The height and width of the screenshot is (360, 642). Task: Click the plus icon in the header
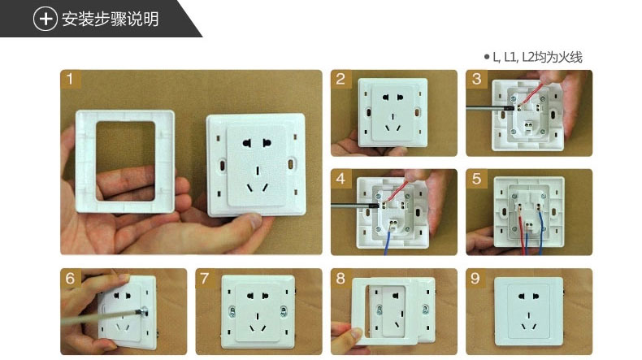point(45,19)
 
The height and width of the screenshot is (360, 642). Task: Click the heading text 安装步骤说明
point(111,19)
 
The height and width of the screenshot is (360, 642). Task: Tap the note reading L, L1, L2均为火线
point(532,57)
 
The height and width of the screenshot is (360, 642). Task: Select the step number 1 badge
point(71,79)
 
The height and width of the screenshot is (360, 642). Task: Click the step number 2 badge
point(341,79)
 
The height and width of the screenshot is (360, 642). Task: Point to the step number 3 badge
point(476,79)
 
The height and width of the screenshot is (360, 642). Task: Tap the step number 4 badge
point(341,179)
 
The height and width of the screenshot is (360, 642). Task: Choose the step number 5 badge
point(476,179)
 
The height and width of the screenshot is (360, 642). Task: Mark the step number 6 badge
point(71,279)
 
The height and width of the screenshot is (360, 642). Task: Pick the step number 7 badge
point(205,279)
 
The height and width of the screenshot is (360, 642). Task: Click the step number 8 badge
point(341,279)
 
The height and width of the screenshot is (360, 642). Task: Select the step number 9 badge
point(475,279)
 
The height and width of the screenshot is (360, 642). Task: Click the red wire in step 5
point(522,229)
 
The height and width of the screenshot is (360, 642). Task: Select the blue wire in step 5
point(541,229)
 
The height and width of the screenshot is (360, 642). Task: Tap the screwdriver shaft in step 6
point(100,316)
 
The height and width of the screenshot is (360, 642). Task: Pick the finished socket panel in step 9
point(528,312)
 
